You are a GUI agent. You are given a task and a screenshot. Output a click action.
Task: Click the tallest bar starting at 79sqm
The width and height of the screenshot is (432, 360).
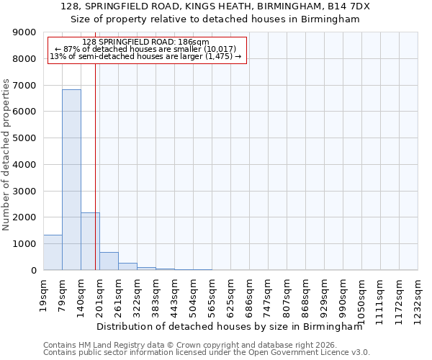click(x=71, y=180)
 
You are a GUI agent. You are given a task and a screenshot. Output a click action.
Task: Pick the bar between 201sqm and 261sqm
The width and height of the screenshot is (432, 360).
click(x=109, y=261)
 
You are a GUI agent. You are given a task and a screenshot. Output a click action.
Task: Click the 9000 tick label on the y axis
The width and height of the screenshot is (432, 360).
click(x=24, y=32)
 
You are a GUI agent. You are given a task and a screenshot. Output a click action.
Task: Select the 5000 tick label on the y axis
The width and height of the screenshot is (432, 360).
click(x=24, y=138)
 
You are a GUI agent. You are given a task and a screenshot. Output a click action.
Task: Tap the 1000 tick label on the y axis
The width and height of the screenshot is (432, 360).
click(x=24, y=244)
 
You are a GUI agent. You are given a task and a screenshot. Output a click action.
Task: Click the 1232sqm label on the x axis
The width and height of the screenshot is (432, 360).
click(x=418, y=297)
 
